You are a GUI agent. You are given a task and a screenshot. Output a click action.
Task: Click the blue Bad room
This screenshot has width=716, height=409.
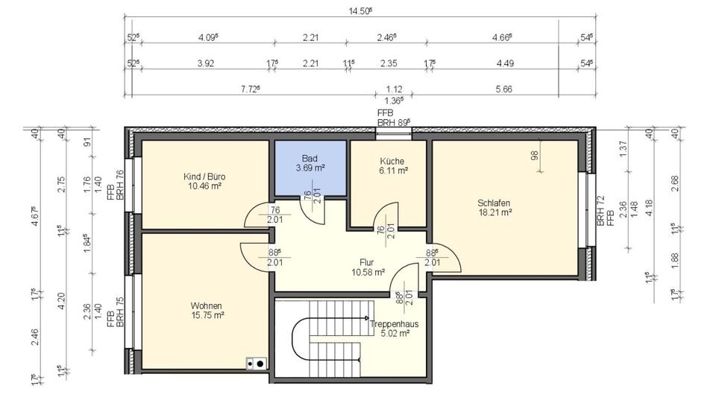[310, 168]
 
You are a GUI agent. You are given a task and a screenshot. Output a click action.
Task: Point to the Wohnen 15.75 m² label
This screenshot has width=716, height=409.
[206, 310]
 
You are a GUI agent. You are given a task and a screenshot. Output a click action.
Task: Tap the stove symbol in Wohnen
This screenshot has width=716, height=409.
[256, 364]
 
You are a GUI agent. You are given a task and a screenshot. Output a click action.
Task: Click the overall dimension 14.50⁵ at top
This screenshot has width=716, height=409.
[360, 10]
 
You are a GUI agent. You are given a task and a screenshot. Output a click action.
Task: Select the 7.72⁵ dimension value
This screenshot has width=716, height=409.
[250, 89]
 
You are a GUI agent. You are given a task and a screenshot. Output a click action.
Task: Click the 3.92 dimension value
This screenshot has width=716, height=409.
[206, 64]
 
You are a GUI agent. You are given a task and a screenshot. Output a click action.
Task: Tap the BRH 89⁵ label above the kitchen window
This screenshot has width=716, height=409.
[394, 121]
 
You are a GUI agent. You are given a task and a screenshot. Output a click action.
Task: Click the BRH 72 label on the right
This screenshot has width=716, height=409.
[600, 211]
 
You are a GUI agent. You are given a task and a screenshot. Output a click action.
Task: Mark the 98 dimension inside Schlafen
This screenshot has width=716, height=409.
[534, 156]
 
